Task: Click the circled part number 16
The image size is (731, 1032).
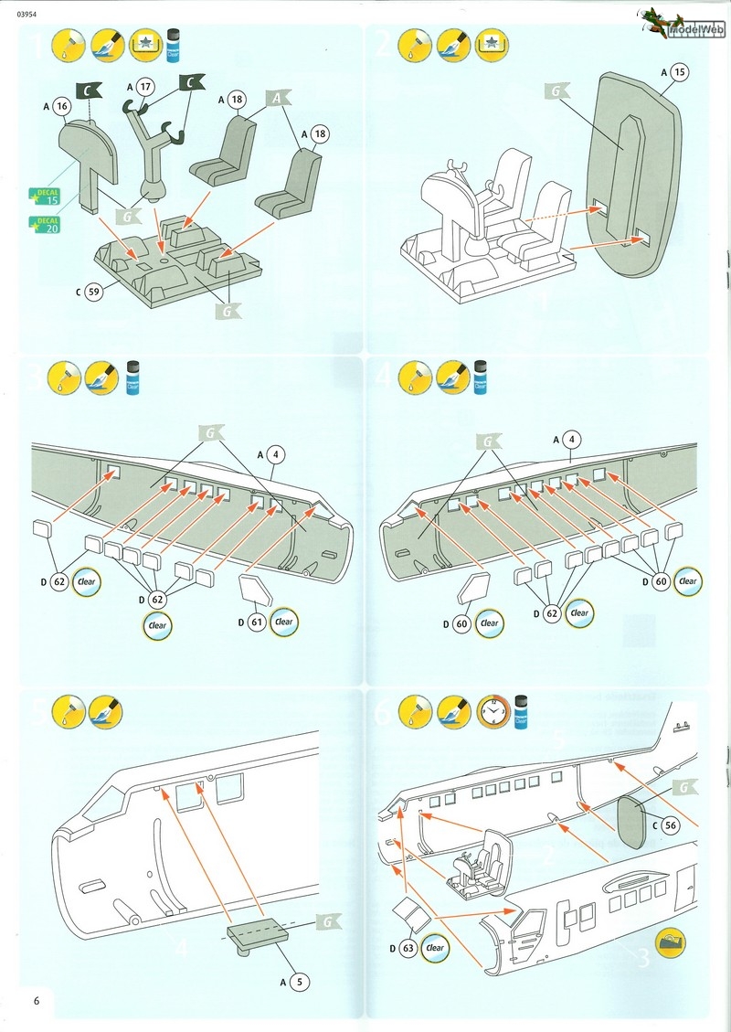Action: [62, 107]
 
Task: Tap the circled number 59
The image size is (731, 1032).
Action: [92, 293]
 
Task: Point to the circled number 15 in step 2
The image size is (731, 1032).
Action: [677, 70]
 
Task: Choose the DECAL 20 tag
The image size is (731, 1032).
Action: [44, 224]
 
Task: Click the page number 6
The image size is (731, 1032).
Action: [37, 999]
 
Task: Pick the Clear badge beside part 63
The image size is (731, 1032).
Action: [435, 947]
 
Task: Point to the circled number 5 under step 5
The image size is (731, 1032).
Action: [297, 983]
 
